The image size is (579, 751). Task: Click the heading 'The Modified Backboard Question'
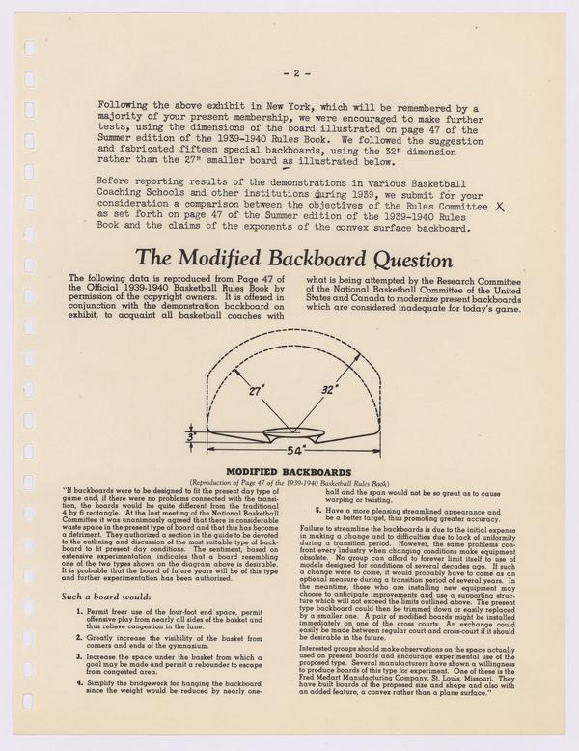coord(289,259)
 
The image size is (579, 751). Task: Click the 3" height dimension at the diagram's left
coord(190,436)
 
